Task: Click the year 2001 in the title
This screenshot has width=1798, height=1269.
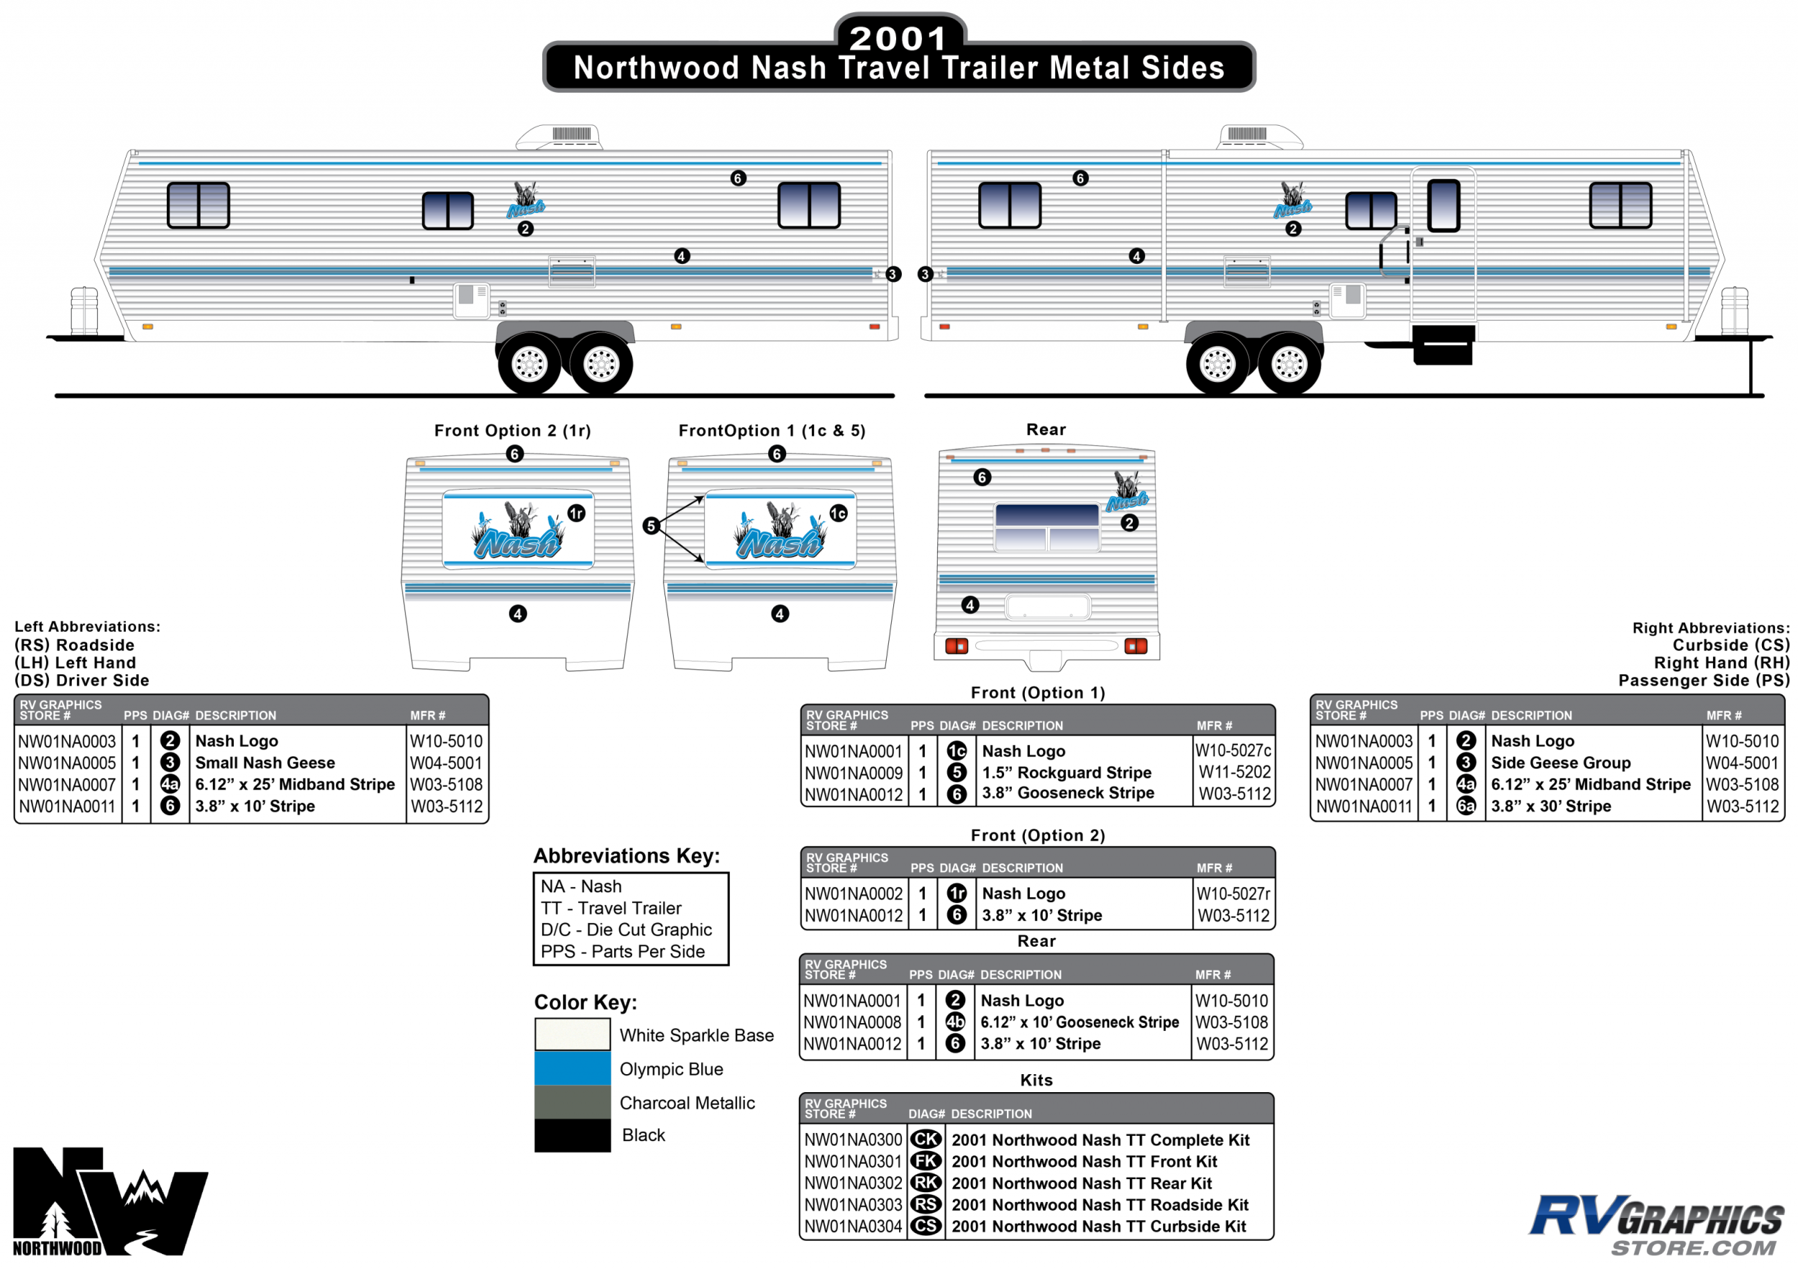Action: (898, 37)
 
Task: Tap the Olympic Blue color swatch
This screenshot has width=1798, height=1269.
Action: (572, 1068)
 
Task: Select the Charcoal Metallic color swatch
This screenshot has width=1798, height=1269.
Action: (572, 1101)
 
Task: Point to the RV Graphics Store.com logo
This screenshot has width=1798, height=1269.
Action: (1656, 1224)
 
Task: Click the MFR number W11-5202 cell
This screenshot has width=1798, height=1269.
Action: (1234, 772)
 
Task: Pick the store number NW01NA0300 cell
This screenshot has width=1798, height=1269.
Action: (853, 1140)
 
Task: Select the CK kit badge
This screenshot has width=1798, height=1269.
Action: (926, 1140)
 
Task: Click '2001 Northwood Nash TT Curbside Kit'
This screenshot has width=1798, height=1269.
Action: (1098, 1227)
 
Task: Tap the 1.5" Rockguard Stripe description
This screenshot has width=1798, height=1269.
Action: (1067, 773)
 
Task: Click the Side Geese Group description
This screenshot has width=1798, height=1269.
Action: (1560, 763)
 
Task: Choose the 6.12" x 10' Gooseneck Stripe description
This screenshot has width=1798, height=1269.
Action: (1079, 1022)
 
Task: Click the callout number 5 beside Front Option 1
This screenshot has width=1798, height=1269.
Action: (651, 526)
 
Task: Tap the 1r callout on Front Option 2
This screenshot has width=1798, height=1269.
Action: (576, 513)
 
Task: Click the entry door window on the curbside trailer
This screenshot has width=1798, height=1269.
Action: (1443, 206)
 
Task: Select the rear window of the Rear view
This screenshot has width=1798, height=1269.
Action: (1047, 527)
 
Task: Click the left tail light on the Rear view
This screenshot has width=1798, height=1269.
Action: (956, 646)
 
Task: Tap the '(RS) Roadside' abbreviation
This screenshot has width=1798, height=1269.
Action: (74, 645)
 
